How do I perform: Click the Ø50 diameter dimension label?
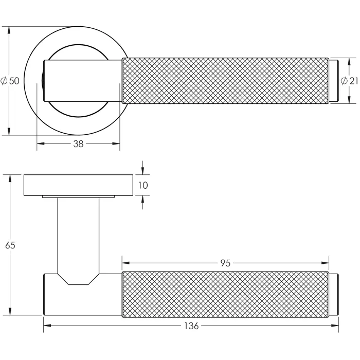(10, 81)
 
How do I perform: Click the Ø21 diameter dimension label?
(349, 81)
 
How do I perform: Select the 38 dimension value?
(78, 145)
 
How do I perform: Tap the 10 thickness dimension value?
(142, 185)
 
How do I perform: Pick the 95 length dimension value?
(225, 263)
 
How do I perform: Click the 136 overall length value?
(191, 326)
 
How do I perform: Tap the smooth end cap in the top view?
(334, 81)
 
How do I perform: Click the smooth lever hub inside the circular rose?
(82, 81)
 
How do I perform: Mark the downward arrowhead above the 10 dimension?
(142, 171)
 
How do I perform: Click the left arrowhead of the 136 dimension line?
(47, 326)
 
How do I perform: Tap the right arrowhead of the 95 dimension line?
(326, 263)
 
